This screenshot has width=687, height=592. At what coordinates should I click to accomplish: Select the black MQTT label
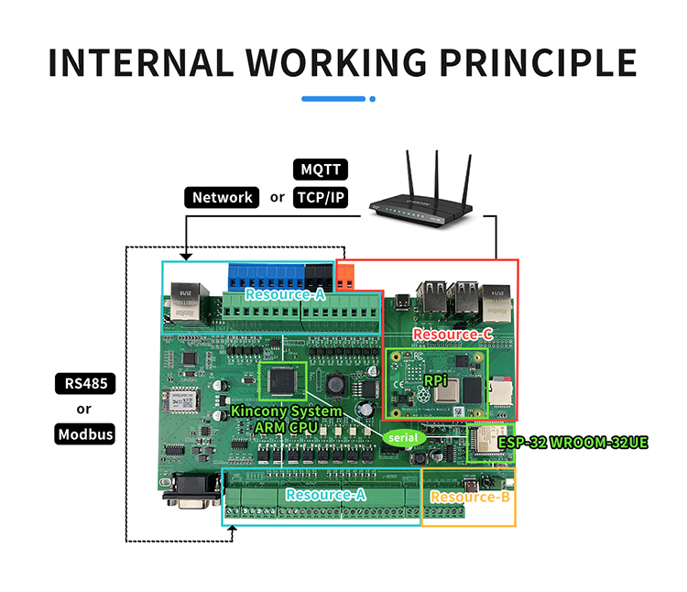point(320,170)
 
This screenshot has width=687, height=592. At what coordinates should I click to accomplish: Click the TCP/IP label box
point(320,197)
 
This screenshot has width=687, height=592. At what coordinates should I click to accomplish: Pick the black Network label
point(222,197)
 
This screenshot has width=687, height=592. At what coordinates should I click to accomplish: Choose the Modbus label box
point(85,434)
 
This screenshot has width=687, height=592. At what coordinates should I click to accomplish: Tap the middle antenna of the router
point(435,170)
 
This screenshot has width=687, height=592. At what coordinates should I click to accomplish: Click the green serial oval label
point(402,439)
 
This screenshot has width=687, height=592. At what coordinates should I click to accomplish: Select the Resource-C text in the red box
point(453,334)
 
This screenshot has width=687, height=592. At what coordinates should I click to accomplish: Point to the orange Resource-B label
point(469,498)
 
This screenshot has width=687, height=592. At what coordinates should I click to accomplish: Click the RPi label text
point(434,378)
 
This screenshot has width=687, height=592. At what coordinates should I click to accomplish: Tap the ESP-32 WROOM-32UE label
point(573,443)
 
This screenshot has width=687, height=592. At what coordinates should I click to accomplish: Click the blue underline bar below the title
point(333,99)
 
